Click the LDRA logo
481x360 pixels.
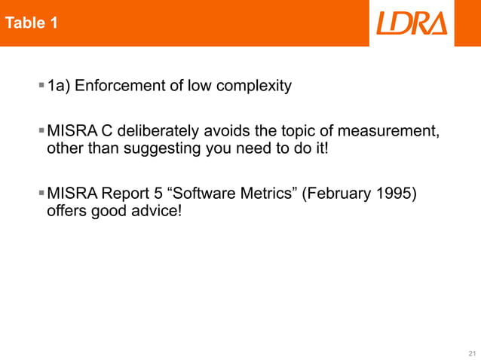(412, 23)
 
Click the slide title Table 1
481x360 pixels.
(32, 23)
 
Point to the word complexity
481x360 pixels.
(254, 86)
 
